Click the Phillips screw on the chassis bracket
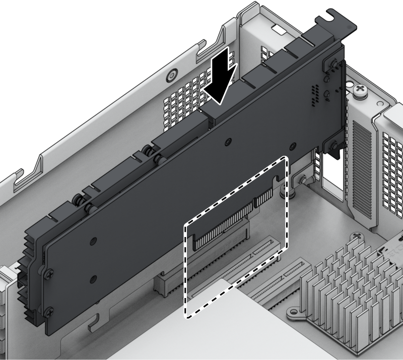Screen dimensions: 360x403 (361, 92)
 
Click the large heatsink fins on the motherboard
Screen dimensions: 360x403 (348, 282)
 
